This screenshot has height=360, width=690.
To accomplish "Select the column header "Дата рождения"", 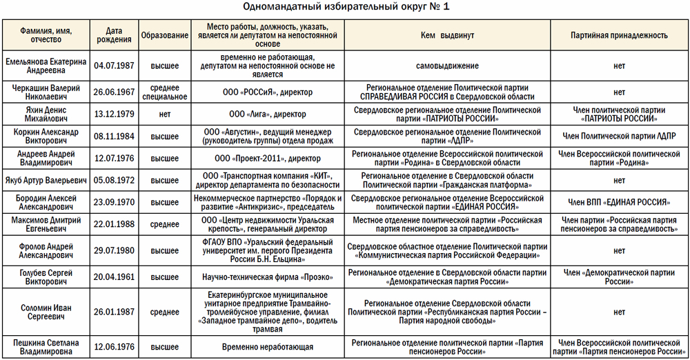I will pos(115,35).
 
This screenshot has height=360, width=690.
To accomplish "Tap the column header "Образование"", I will pos(164,35).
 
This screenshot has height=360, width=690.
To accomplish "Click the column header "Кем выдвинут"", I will pos(445,35).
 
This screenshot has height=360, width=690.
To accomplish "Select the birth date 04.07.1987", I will pos(115,66).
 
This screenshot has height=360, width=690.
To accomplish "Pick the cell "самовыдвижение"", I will pos(445,66).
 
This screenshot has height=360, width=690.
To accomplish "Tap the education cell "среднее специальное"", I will pos(164,92).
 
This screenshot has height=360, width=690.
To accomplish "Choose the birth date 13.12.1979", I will pos(115,114).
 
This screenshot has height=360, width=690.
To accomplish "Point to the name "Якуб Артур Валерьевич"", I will pos(46,181).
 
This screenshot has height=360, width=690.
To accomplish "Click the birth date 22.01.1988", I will pos(115,224).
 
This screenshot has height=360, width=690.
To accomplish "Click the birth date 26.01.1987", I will pos(115,312).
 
